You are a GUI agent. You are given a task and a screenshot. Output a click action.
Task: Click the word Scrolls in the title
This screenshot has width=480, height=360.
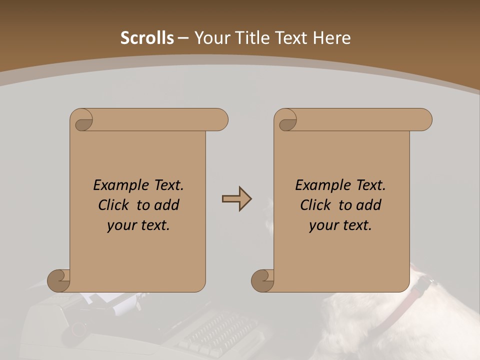(x=147, y=38)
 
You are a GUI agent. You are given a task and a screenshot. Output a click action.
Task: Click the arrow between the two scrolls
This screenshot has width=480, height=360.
(x=236, y=199)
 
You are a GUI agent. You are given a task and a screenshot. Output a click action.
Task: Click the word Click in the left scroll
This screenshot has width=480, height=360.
(x=114, y=205)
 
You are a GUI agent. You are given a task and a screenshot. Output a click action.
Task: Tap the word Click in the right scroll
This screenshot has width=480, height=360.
(x=316, y=205)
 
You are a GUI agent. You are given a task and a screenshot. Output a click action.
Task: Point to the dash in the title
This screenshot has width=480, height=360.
(x=183, y=38)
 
